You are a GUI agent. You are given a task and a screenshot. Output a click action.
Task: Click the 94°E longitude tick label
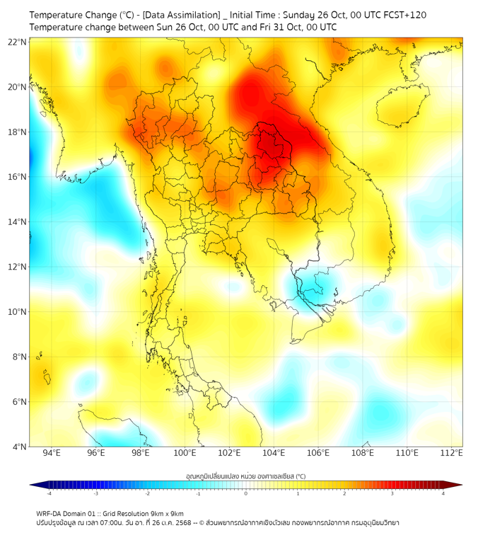point(52,453)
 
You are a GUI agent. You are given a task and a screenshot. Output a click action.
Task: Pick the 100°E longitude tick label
point(185,453)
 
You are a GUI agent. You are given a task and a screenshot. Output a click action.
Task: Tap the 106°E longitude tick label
point(318,453)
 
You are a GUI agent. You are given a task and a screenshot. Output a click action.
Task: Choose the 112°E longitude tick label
point(451,453)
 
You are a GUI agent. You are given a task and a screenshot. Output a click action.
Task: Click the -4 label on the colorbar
point(49,493)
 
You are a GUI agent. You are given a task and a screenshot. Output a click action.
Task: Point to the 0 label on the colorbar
point(246,493)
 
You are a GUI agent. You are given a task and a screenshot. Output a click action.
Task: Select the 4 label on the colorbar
point(443,493)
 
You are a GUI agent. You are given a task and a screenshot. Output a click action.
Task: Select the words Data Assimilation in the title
point(180,15)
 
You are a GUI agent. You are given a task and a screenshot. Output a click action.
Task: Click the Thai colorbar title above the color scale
point(245,476)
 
